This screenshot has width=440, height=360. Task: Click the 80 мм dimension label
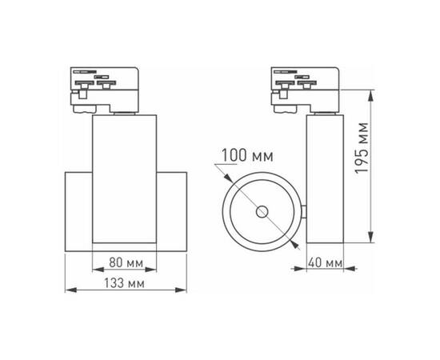[x=125, y=262]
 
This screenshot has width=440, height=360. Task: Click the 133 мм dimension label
[x=125, y=283]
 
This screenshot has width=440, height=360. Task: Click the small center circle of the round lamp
[x=262, y=211]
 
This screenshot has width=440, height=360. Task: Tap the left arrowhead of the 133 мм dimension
[x=67, y=290]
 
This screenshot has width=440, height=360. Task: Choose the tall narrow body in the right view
[x=326, y=181]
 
